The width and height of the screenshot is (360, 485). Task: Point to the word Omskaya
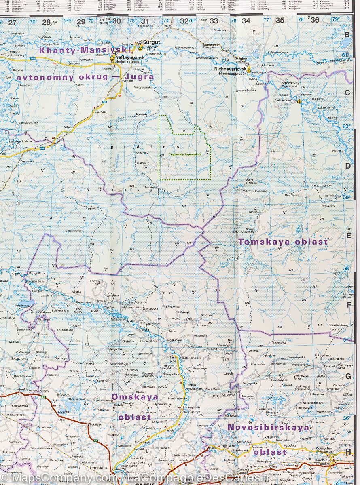click(135, 397)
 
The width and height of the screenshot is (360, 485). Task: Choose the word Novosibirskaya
click(268, 427)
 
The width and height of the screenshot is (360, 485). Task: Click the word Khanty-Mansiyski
click(85, 51)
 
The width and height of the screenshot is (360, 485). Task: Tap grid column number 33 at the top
click(214, 21)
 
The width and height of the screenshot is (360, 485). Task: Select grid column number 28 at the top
click(46, 22)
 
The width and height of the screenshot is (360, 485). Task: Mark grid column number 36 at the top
click(315, 20)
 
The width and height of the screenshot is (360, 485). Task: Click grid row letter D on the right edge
click(347, 165)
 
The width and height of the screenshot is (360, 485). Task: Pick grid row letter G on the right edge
click(347, 376)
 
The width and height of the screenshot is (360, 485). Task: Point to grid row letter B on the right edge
click(347, 35)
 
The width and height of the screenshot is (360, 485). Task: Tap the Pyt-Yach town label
click(127, 81)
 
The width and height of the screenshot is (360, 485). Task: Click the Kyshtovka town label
click(264, 375)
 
